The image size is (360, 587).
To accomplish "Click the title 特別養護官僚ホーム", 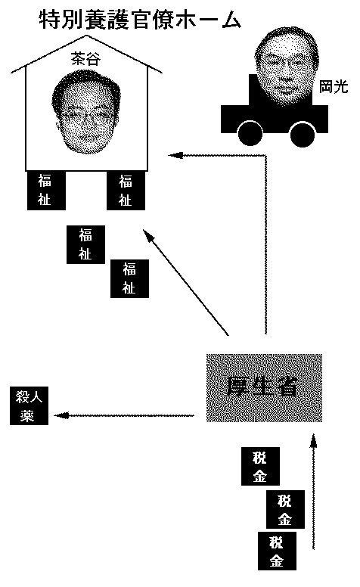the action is click(x=140, y=20).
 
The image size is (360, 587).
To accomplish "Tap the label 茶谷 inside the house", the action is click(x=85, y=59).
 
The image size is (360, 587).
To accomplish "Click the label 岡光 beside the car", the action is click(x=334, y=87).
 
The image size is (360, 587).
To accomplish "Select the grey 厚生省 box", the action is click(x=264, y=387).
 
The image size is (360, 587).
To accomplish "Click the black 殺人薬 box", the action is click(x=29, y=405).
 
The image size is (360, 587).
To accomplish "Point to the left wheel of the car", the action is click(x=250, y=134).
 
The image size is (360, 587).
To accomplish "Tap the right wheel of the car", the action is click(x=303, y=134).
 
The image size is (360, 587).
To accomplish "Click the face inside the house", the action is click(x=86, y=111).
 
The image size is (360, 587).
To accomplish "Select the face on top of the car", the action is click(x=286, y=66).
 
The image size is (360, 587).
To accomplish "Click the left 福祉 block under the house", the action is click(x=46, y=191).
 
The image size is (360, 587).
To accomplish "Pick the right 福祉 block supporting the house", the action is click(x=126, y=191).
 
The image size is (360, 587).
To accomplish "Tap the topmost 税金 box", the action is click(x=260, y=466).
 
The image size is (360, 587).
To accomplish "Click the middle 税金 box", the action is click(x=285, y=509).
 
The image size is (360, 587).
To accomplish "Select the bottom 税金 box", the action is click(x=277, y=551).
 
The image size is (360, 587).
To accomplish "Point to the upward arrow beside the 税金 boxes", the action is click(x=314, y=491).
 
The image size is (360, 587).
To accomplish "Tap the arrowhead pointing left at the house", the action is click(x=175, y=155).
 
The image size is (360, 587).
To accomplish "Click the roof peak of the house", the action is click(x=87, y=36).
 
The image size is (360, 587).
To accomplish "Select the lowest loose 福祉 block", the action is click(x=129, y=278).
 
